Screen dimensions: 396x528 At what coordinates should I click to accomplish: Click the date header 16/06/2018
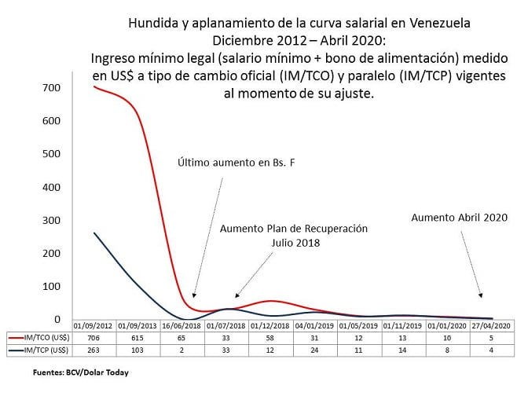(x=181, y=324)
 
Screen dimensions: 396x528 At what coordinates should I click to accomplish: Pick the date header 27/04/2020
(x=491, y=324)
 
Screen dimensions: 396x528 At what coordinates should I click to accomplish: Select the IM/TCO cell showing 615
(x=137, y=337)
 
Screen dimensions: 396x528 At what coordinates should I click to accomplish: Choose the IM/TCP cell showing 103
(x=137, y=350)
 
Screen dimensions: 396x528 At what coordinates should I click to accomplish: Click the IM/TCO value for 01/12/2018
(x=270, y=337)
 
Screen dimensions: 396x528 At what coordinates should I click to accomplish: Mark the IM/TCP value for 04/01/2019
(x=314, y=350)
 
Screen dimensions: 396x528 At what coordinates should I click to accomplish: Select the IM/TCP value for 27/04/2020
(x=491, y=350)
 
